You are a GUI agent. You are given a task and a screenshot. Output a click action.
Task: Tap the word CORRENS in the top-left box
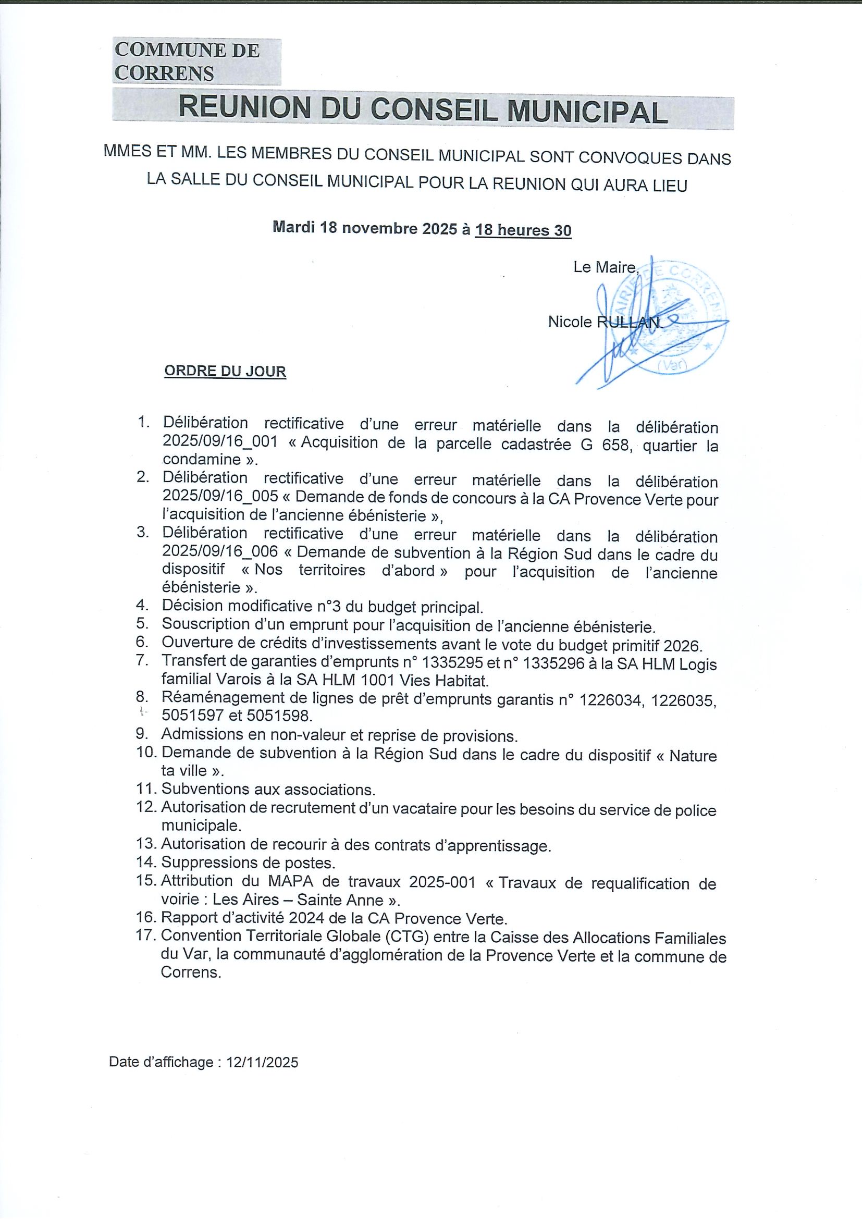(x=164, y=73)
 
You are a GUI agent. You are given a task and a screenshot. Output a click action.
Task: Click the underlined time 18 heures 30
(x=523, y=230)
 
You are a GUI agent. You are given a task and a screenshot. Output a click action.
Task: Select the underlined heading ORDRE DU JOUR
(x=225, y=371)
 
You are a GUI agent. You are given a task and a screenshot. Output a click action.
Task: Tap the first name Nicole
(x=570, y=322)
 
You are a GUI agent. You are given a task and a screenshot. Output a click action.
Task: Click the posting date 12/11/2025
(x=263, y=1062)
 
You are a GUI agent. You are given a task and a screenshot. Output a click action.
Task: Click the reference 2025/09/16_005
(x=220, y=497)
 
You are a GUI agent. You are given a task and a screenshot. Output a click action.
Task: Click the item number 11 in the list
(x=145, y=789)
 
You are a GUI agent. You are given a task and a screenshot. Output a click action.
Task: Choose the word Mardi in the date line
(x=294, y=228)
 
